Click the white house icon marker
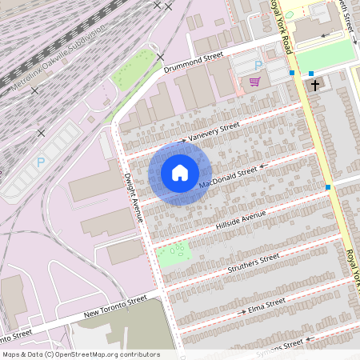click(180, 172)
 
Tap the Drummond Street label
click(192, 63)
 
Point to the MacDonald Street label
click(228, 178)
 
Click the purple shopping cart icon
click(254, 81)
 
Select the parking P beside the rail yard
click(41, 162)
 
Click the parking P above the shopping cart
click(258, 65)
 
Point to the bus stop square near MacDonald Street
click(328, 187)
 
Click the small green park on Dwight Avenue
click(173, 254)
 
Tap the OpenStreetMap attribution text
click(81, 354)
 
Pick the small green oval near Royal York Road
click(290, 14)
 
